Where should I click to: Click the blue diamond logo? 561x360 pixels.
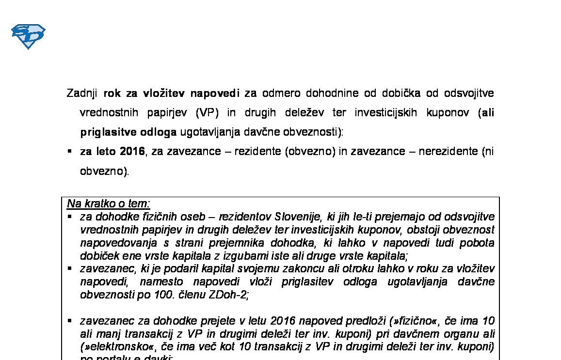click(28, 36)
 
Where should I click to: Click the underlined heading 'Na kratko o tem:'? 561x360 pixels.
click(109, 203)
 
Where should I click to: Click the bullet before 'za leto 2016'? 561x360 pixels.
click(70, 151)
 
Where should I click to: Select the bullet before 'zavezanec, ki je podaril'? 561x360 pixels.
click(70, 268)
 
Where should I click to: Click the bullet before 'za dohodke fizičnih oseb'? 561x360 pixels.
click(70, 216)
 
